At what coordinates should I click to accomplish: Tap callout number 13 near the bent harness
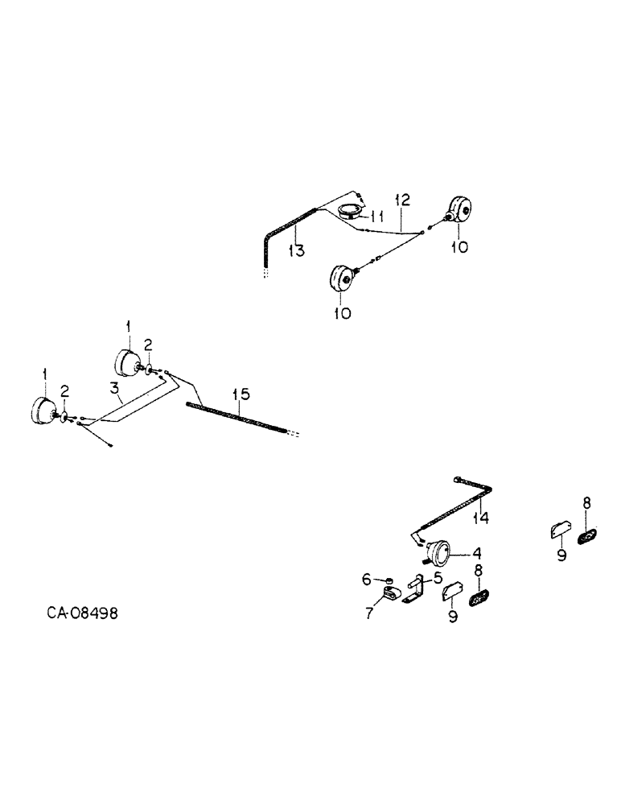(x=296, y=251)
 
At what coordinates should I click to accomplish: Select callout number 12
(x=402, y=200)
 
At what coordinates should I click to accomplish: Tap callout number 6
(x=367, y=579)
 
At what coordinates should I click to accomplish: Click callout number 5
(x=438, y=577)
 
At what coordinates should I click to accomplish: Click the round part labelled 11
(x=349, y=213)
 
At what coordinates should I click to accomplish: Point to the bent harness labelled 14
(x=459, y=505)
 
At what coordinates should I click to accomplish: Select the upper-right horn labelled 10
(x=461, y=210)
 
